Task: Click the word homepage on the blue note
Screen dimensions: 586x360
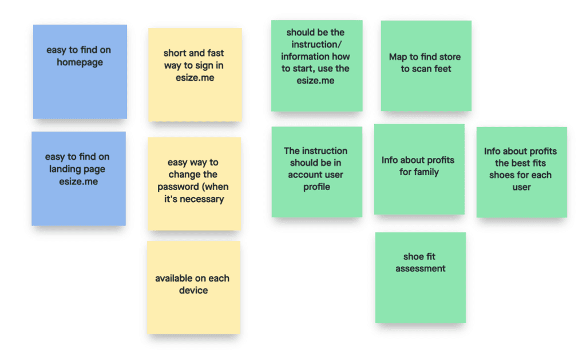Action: [x=80, y=62]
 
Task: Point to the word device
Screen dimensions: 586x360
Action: [x=193, y=291]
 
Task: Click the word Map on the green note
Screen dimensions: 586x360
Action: [x=398, y=57]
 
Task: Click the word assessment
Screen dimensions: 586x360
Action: [x=420, y=268]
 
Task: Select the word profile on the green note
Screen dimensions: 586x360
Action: [x=316, y=187]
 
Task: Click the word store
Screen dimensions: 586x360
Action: [x=449, y=57]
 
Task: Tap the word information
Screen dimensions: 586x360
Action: [x=315, y=57]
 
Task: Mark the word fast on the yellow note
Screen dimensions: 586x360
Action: [x=212, y=53]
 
